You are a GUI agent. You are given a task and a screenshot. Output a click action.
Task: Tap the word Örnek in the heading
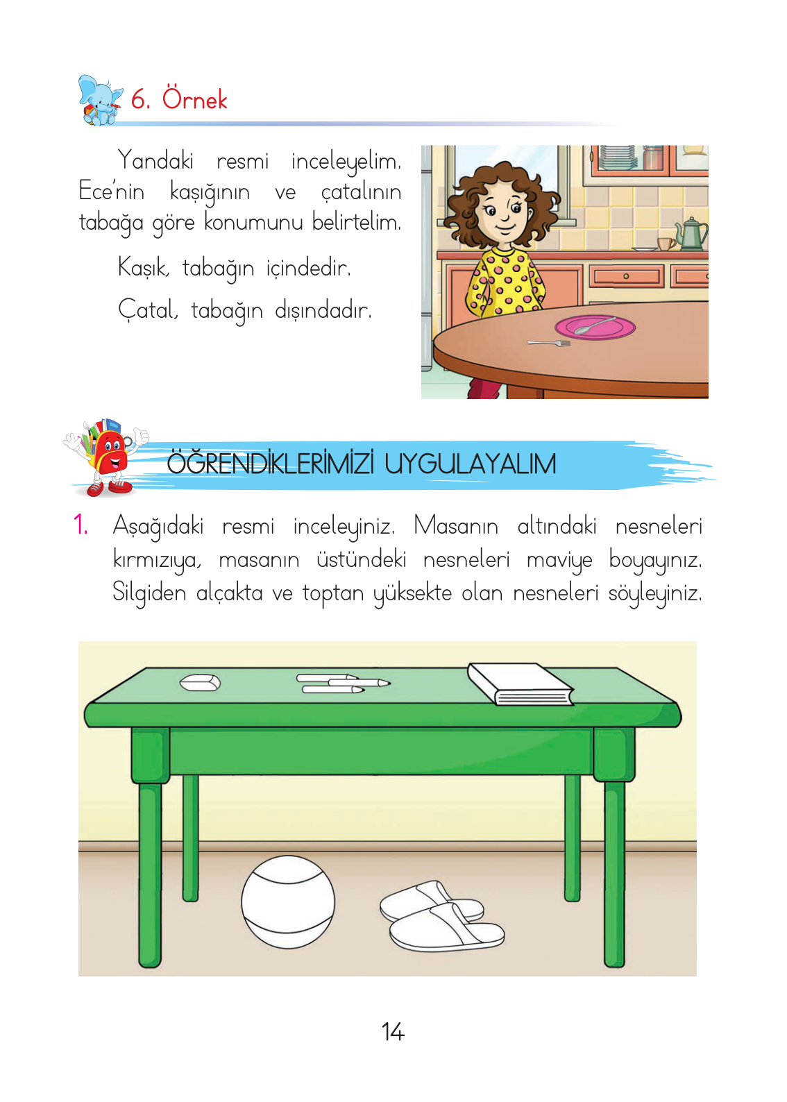pyautogui.click(x=194, y=100)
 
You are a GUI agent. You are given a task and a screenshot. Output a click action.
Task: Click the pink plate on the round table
pyautogui.click(x=595, y=327)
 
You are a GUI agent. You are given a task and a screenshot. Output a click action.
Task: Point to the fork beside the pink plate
pyautogui.click(x=548, y=343)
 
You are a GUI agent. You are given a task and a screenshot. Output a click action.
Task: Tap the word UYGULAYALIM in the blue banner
pyautogui.click(x=470, y=464)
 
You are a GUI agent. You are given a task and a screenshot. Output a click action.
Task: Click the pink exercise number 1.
pyautogui.click(x=81, y=525)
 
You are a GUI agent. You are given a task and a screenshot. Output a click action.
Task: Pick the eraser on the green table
pyautogui.click(x=200, y=683)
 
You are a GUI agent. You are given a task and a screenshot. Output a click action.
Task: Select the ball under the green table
pyautogui.click(x=288, y=901)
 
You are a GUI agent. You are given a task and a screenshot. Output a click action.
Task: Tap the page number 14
pyautogui.click(x=393, y=1032)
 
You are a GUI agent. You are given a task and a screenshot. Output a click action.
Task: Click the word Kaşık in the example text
pyautogui.click(x=143, y=267)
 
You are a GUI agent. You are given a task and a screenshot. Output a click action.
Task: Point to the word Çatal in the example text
pyautogui.click(x=147, y=310)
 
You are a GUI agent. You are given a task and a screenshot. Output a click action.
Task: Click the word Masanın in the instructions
pyautogui.click(x=456, y=526)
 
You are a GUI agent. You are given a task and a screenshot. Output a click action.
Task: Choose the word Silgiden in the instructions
pyautogui.click(x=149, y=593)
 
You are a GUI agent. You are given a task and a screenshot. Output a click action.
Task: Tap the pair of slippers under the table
pyautogui.click(x=441, y=915)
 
